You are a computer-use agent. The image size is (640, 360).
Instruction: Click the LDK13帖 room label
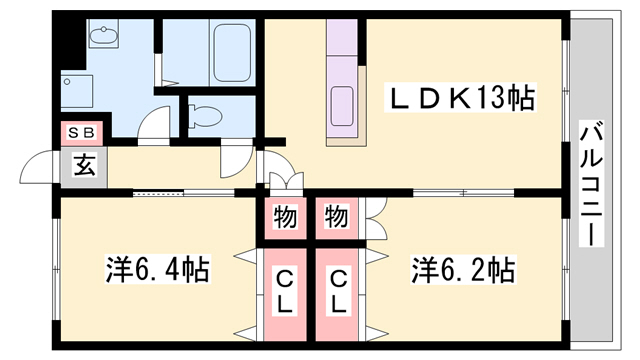pos(461,98)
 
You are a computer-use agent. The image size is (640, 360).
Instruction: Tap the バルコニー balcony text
pos(590,184)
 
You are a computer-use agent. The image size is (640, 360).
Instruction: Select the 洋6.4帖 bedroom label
pos(157,270)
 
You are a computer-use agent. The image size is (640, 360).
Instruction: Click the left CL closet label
pos(286,291)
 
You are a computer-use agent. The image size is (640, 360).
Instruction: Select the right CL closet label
pos(339,291)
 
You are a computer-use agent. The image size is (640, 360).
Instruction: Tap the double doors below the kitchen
pos(284,181)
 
